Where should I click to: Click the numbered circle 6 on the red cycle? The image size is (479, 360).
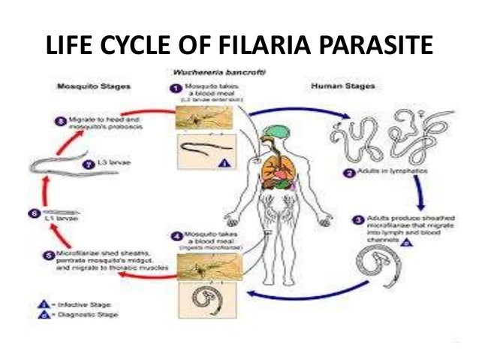click(x=33, y=213)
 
